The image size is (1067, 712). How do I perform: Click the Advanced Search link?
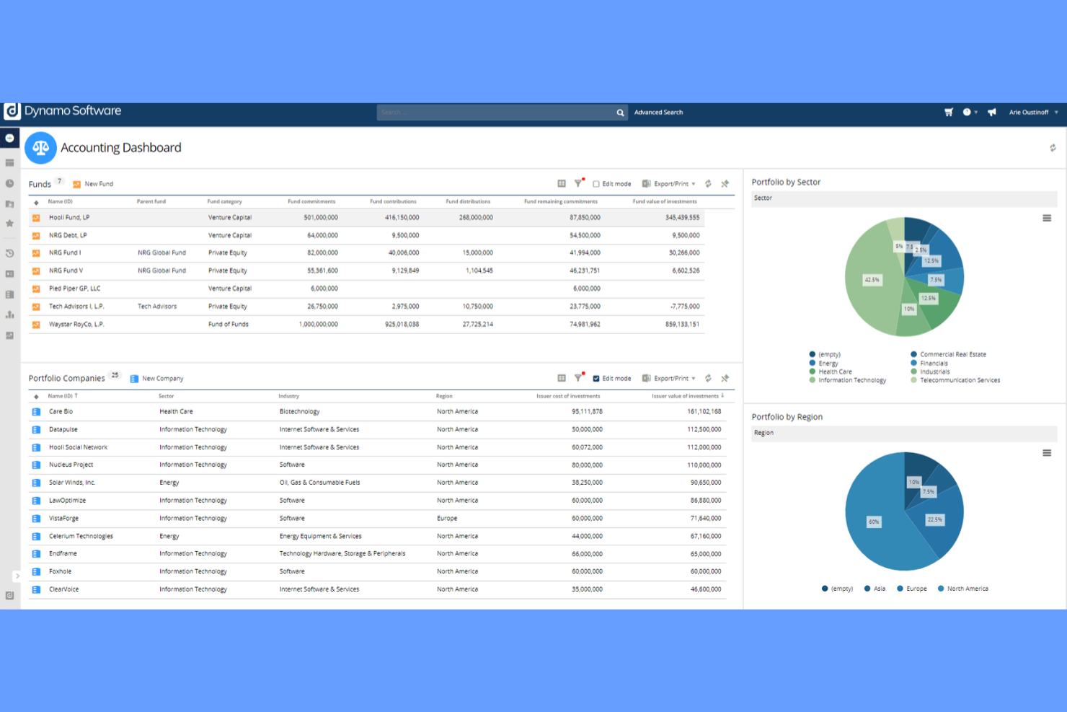coord(658,113)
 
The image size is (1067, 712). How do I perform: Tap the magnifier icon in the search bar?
coord(620,113)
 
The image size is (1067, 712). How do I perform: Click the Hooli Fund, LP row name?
coord(69,217)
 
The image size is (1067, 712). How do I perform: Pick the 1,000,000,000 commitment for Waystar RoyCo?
coord(318,325)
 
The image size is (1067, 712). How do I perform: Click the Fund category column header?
coord(224,201)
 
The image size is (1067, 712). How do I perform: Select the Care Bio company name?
coord(61,412)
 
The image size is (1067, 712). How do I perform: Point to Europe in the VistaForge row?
coord(447,519)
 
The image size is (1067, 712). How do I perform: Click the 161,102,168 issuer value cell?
coord(704,412)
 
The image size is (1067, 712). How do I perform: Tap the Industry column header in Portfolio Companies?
coord(288,396)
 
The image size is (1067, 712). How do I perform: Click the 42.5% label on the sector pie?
coord(872,280)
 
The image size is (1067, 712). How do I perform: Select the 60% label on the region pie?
coord(874,522)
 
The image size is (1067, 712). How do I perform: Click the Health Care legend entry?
coord(834,372)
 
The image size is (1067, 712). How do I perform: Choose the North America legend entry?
coord(967,589)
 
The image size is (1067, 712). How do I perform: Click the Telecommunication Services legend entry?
coord(959,380)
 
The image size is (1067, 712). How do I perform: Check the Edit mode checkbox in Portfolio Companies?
coord(596,379)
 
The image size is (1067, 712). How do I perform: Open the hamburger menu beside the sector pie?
coord(1047,218)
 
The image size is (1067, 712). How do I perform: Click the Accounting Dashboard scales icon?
coord(40,148)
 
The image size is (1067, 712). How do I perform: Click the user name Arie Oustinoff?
coord(1029,113)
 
